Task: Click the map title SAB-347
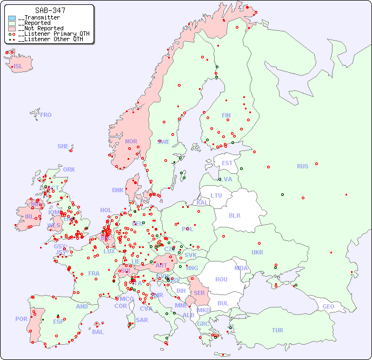pyautogui.click(x=50, y=10)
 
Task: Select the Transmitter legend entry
pyautogui.click(x=41, y=18)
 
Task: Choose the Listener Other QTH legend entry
pyautogui.click(x=50, y=39)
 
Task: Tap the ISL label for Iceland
pyautogui.click(x=18, y=67)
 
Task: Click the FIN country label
pyautogui.click(x=226, y=115)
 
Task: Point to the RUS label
pyautogui.click(x=302, y=166)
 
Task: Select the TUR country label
pyautogui.click(x=277, y=330)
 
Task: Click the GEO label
pyautogui.click(x=328, y=306)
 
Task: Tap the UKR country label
pyautogui.click(x=257, y=252)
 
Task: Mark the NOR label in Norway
pyautogui.click(x=131, y=141)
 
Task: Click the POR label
pyautogui.click(x=21, y=319)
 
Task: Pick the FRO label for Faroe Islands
pyautogui.click(x=45, y=115)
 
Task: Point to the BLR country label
pyautogui.click(x=234, y=215)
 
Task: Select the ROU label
pyautogui.click(x=221, y=279)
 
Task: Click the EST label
pyautogui.click(x=227, y=163)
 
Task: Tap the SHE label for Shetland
pyautogui.click(x=63, y=146)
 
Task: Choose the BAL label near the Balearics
pyautogui.click(x=97, y=332)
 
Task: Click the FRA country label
pyautogui.click(x=94, y=273)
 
